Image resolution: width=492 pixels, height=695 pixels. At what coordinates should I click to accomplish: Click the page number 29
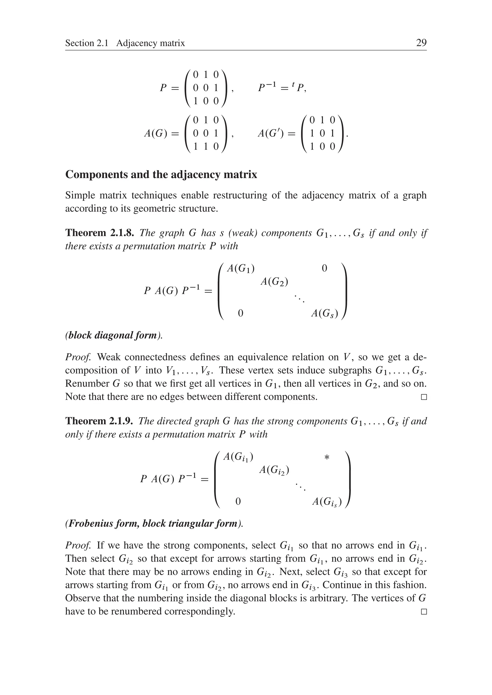421,43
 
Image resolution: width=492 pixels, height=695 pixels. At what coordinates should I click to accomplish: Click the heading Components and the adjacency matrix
161,174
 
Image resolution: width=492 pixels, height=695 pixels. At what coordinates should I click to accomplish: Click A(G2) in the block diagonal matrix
274,282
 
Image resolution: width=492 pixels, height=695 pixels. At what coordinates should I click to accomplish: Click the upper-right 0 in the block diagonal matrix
324,268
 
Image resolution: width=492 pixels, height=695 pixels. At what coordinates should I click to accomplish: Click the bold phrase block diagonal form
113,335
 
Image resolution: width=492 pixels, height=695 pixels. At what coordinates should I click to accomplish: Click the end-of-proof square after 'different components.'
424,397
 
